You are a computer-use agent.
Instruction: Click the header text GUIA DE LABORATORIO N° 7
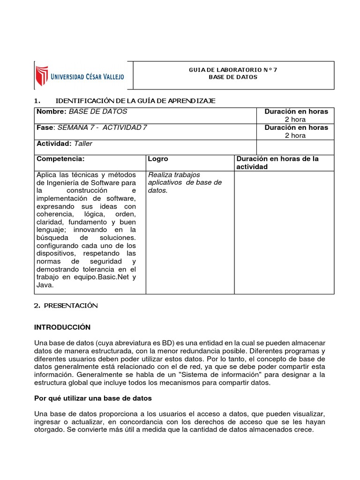(233, 70)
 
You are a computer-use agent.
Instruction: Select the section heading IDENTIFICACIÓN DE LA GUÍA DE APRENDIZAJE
(135, 101)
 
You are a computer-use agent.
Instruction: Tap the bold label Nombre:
(52, 112)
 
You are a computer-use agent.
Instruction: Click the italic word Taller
(83, 143)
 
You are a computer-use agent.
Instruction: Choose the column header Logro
(158, 159)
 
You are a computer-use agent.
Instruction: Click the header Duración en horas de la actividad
(277, 163)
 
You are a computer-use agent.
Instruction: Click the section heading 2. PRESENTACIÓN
(66, 306)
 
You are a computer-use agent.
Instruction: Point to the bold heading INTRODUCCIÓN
(62, 327)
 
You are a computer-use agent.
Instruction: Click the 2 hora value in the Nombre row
(295, 120)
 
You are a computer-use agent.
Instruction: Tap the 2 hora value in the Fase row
(295, 135)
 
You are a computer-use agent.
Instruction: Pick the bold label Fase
(45, 127)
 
